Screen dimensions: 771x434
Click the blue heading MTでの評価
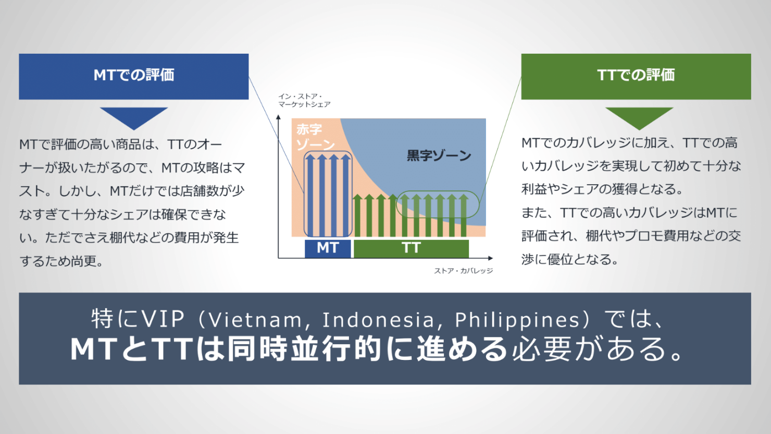[134, 75]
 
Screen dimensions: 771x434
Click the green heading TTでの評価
[636, 75]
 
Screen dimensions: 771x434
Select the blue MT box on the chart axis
[328, 248]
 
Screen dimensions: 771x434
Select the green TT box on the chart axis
[412, 248]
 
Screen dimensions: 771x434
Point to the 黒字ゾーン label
[439, 155]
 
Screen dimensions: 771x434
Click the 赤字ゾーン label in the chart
[315, 137]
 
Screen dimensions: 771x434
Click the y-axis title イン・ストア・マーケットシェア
[304, 100]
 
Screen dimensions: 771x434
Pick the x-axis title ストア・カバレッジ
[463, 271]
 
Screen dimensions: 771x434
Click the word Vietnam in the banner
[255, 320]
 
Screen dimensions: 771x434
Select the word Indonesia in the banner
[378, 320]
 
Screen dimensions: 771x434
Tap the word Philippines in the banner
[517, 320]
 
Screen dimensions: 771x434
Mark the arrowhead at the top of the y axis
[279, 117]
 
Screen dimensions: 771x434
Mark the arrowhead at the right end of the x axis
[491, 258]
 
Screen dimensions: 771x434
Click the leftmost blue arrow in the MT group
[310, 195]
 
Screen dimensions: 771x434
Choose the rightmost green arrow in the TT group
[464, 215]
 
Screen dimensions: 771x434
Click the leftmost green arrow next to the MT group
[357, 215]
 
